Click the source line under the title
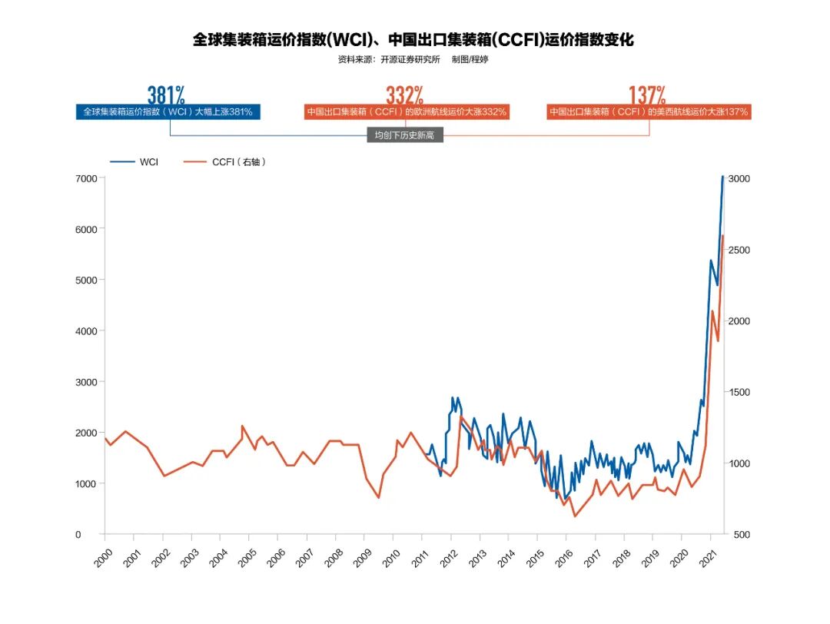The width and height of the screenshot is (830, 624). point(413,60)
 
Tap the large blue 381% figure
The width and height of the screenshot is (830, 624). point(166,95)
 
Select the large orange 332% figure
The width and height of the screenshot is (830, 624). point(404,95)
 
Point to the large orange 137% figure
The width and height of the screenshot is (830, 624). point(647,95)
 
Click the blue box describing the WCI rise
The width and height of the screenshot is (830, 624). point(168,112)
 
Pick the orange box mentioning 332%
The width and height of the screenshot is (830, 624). point(407,112)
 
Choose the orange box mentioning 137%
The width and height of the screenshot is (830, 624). point(649,112)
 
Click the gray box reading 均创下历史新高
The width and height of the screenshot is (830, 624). point(405,135)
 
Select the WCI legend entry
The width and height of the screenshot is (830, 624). point(135,162)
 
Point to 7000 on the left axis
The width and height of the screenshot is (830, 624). point(85,178)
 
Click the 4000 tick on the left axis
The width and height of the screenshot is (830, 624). point(85,331)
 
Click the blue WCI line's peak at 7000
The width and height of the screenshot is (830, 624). point(722,177)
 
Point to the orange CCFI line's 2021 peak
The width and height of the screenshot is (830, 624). point(723,236)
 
